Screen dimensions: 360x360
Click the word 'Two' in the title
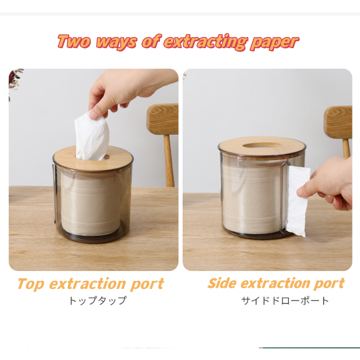coord(74,42)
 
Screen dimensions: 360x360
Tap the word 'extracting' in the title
coord(206,42)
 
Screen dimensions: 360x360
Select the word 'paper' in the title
coord(274,43)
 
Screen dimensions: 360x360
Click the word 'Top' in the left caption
coord(31,284)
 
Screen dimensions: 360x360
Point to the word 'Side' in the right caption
coord(222,283)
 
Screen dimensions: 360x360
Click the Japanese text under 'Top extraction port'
coord(98,300)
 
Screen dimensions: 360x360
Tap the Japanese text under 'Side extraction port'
coord(285,300)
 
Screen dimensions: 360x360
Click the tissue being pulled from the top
coord(92,136)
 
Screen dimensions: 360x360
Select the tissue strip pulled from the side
coord(298,201)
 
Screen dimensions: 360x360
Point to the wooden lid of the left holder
coord(93,159)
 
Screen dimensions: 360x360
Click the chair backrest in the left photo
coord(163,119)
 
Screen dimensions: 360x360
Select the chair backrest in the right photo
coord(338,123)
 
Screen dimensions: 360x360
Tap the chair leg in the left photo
coord(169,161)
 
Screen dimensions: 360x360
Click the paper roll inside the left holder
coord(91,205)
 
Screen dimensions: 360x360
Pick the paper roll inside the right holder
coord(253,198)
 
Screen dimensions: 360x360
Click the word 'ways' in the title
coord(116,43)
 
